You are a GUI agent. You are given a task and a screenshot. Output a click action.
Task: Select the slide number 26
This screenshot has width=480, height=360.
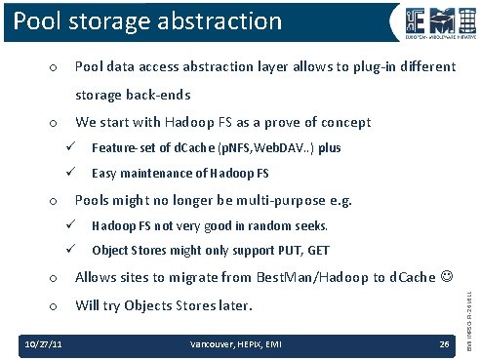[x=444, y=344]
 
